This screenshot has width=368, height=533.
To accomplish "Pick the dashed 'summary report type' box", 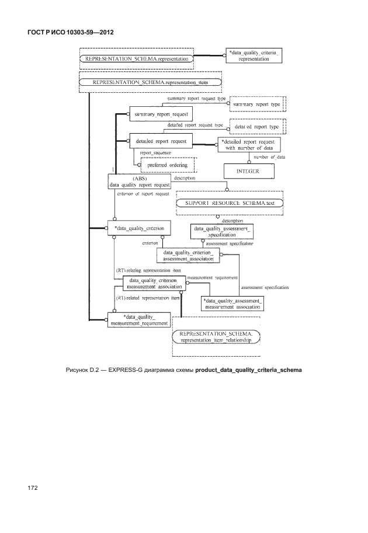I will (256, 105).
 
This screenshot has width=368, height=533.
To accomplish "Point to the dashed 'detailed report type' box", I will (256, 126).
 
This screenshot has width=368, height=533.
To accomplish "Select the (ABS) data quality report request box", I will (140, 181).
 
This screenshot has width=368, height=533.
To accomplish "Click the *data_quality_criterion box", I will (138, 228).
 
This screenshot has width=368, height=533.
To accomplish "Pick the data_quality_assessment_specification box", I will (222, 232).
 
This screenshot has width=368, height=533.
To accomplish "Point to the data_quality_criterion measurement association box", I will (152, 283).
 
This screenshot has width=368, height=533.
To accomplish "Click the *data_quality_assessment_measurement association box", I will (232, 303).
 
